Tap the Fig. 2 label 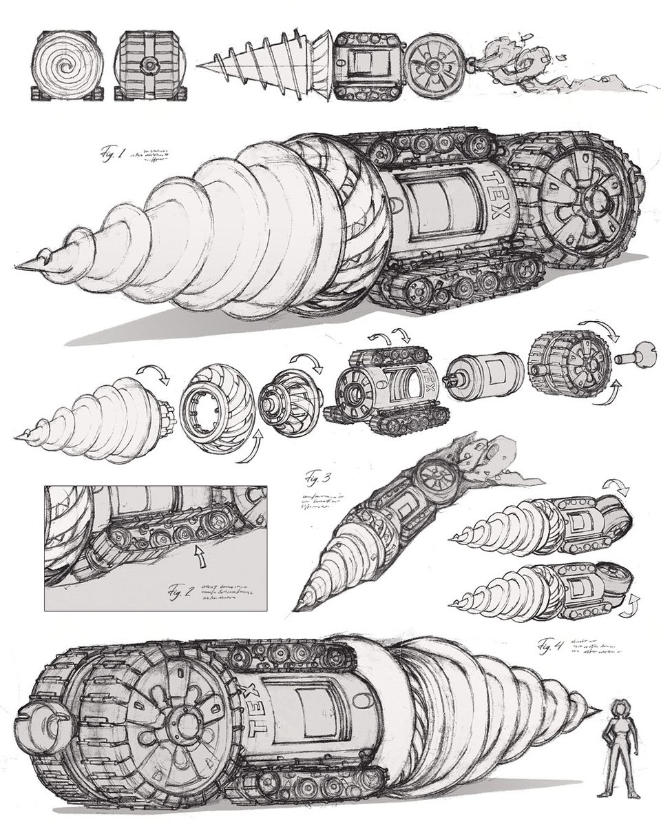point(182,591)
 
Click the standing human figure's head point(618,710)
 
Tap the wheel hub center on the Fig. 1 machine point(594,201)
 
